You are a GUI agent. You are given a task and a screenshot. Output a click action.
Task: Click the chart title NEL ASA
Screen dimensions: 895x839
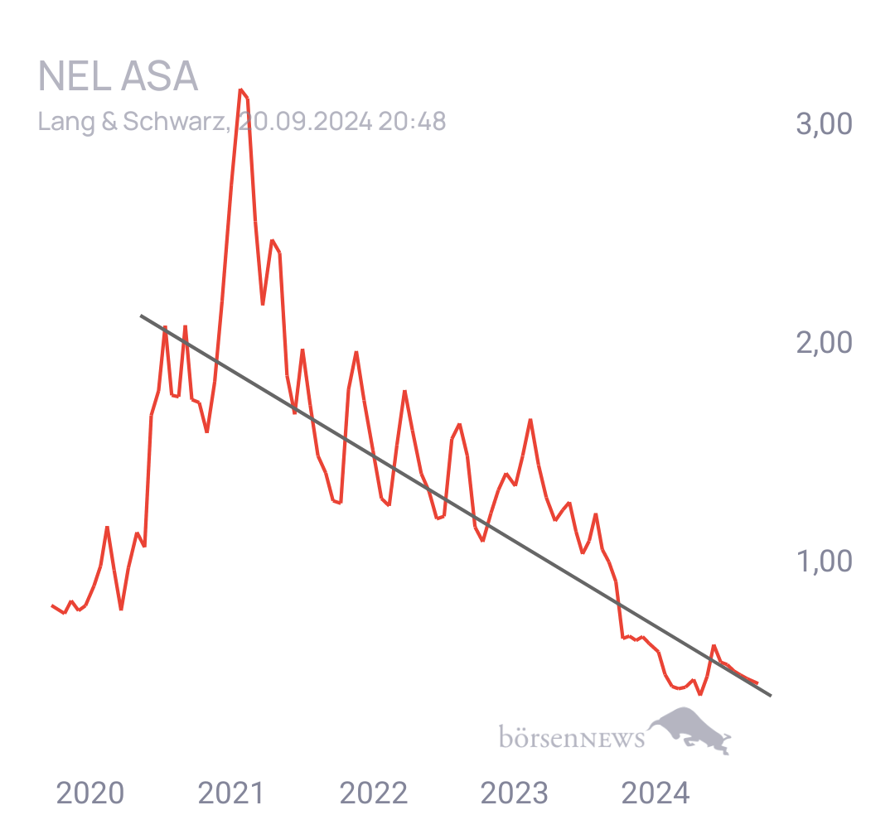pyautogui.click(x=118, y=76)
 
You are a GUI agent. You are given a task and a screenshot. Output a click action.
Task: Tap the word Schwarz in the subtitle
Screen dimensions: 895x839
pyautogui.click(x=174, y=122)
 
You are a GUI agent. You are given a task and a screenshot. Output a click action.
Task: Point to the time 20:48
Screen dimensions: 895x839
pyautogui.click(x=412, y=122)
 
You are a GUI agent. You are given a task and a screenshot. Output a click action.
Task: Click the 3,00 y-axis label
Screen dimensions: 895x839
pyautogui.click(x=824, y=123)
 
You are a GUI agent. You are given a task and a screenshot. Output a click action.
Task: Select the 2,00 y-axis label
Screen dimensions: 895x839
pyautogui.click(x=824, y=343)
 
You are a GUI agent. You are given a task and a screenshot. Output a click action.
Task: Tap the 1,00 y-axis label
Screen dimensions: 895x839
pyautogui.click(x=824, y=562)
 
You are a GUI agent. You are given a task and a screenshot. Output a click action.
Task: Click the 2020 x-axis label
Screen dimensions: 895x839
pyautogui.click(x=90, y=793)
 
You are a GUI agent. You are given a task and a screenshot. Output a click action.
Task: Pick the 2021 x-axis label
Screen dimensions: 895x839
pyautogui.click(x=231, y=793)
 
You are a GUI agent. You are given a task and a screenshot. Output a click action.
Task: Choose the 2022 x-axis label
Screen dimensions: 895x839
pyautogui.click(x=373, y=793)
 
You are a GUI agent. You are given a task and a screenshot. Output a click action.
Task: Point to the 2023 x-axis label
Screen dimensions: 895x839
pyautogui.click(x=515, y=793)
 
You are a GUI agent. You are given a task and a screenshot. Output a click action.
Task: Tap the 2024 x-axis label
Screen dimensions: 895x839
pyautogui.click(x=656, y=793)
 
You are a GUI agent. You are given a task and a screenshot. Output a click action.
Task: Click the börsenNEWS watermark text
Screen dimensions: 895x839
pyautogui.click(x=572, y=736)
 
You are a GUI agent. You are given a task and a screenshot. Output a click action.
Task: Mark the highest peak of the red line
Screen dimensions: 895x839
pyautogui.click(x=241, y=90)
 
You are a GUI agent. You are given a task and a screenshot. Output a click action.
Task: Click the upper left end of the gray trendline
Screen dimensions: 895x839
pyautogui.click(x=141, y=316)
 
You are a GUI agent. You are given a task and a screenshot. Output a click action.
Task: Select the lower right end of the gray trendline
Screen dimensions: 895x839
pyautogui.click(x=771, y=695)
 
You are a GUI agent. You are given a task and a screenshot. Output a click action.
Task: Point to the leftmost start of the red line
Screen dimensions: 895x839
pyautogui.click(x=52, y=605)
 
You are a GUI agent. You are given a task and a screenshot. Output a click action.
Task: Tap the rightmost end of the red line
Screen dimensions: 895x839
pyautogui.click(x=757, y=682)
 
